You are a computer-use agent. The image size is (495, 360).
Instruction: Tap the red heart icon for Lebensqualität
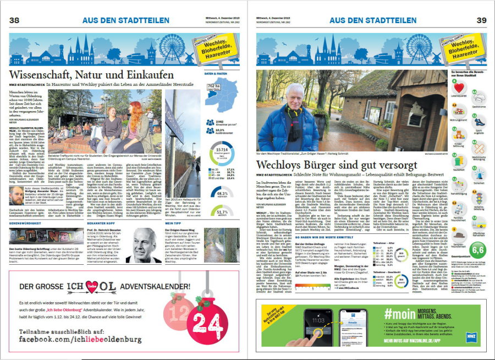(x=455, y=87)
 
